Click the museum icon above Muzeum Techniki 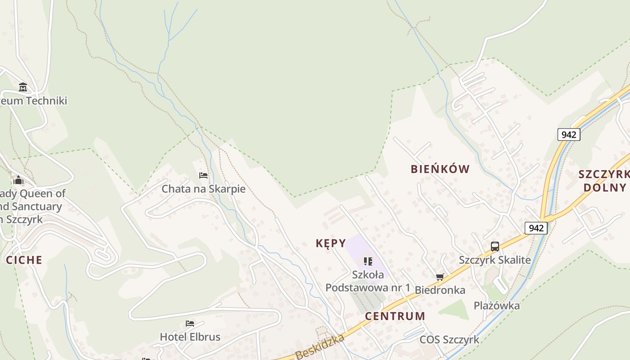tap(23, 87)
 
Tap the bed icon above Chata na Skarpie tap(203, 175)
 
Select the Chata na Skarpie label tap(203, 189)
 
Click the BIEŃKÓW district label tap(440, 169)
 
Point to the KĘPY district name tap(331, 243)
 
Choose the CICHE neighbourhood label tap(24, 260)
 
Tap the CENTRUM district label tap(395, 316)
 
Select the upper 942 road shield tap(569, 134)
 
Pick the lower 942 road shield tap(536, 228)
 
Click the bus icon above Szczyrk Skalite tap(495, 246)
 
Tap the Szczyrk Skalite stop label tap(495, 260)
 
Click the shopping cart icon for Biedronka tap(440, 277)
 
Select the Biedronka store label tap(440, 290)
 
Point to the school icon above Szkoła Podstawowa tap(368, 261)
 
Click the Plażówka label tap(496, 306)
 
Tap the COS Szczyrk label tap(449, 339)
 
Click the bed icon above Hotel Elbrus tap(190, 324)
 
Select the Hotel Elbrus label tap(190, 337)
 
